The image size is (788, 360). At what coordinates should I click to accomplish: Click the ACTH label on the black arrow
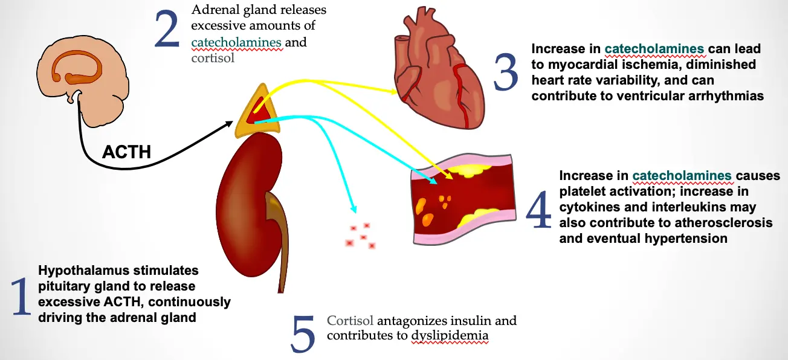126,152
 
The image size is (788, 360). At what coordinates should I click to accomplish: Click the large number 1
22,298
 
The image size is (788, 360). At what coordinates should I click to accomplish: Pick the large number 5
303,333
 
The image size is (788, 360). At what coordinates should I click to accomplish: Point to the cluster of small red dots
361,236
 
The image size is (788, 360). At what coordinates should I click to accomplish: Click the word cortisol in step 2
212,59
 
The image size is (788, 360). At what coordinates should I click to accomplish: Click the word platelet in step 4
584,191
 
